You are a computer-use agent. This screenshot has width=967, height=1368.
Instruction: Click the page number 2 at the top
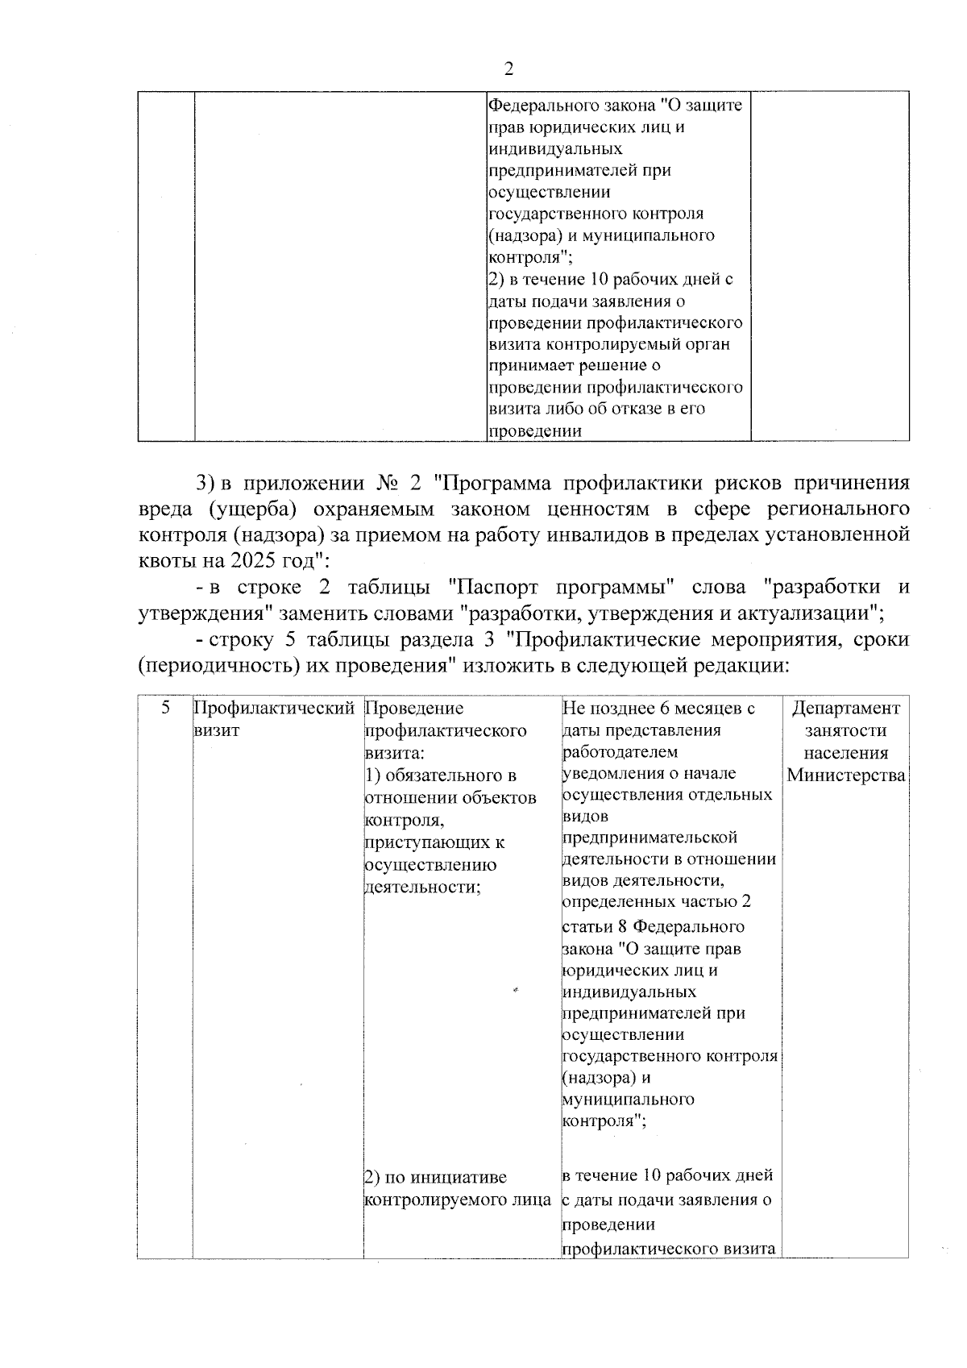508,69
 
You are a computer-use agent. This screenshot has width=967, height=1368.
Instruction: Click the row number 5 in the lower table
165,708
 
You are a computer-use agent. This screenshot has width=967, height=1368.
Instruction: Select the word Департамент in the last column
845,709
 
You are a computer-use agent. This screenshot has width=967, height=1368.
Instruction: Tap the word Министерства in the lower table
845,775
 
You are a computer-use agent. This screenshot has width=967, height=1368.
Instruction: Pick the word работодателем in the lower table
620,752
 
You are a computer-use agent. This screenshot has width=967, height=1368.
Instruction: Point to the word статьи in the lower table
587,926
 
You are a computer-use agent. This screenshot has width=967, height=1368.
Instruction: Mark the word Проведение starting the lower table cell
414,709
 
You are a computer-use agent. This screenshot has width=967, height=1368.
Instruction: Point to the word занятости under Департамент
845,730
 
